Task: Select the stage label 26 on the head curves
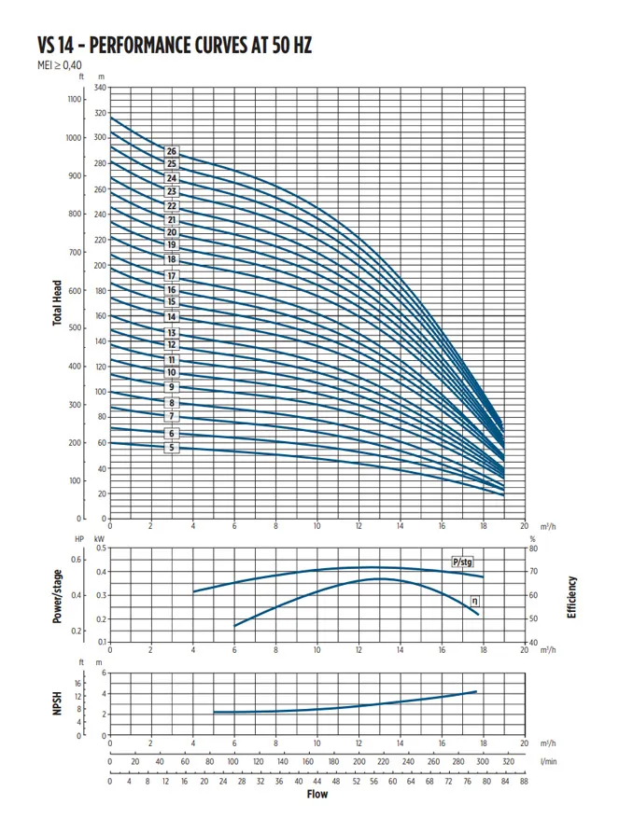[x=172, y=151]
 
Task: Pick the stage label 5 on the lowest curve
[x=172, y=448]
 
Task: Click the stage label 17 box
[x=172, y=275]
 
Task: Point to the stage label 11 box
[x=172, y=360]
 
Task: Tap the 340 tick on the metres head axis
[x=100, y=87]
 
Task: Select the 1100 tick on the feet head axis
[x=76, y=98]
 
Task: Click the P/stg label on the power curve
[x=462, y=562]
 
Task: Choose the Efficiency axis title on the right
[x=571, y=597]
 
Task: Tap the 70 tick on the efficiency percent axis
[x=532, y=572]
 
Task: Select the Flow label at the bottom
[x=317, y=795]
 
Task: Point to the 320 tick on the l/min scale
[x=507, y=762]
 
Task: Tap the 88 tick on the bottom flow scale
[x=524, y=781]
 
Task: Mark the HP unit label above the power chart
[x=79, y=538]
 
